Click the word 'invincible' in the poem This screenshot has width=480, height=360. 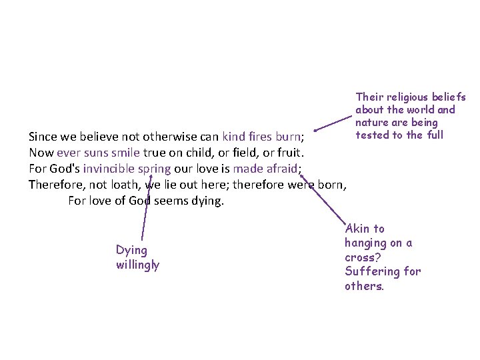click(106, 168)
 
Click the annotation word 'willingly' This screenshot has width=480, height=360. click(137, 265)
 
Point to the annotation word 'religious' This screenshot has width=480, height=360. click(408, 97)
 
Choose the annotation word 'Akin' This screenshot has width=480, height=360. click(357, 229)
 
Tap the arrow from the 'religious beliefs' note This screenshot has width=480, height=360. click(331, 124)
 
